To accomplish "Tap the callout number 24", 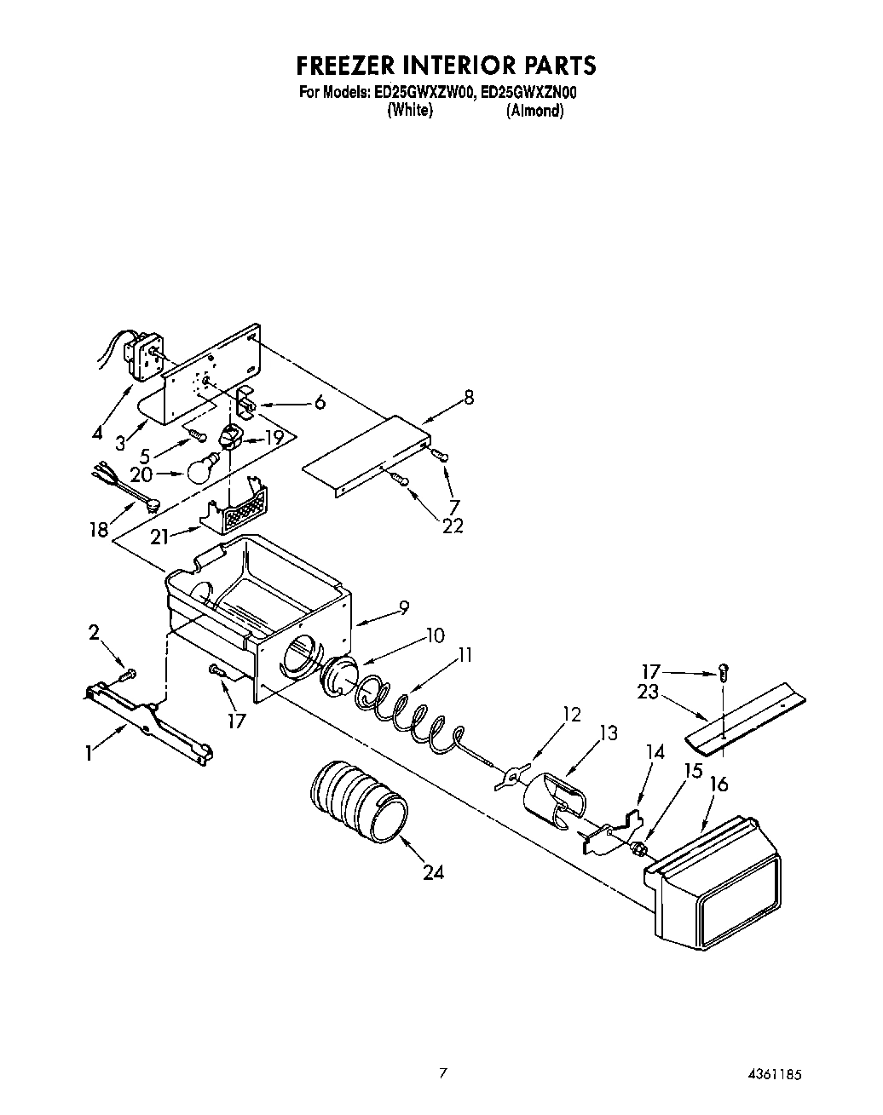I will click(433, 872).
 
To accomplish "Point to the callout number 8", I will click(469, 397).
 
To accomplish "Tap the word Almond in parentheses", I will click(534, 111).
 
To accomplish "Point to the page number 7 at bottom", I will click(441, 1074).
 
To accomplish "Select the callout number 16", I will click(719, 783).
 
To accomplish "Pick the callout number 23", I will click(648, 693).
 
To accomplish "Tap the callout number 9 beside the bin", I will click(403, 606).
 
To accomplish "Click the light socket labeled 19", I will click(230, 438).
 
